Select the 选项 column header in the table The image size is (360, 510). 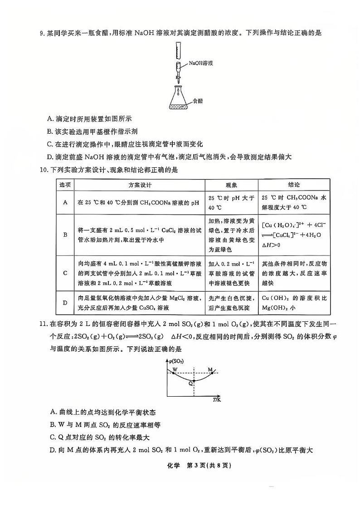coord(65,185)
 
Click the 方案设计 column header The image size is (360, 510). coord(140,185)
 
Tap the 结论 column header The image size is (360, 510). coord(294,185)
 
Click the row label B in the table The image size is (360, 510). coord(65,235)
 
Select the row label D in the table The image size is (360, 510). coord(65,303)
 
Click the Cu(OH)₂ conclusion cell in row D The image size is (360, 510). coord(294,303)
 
